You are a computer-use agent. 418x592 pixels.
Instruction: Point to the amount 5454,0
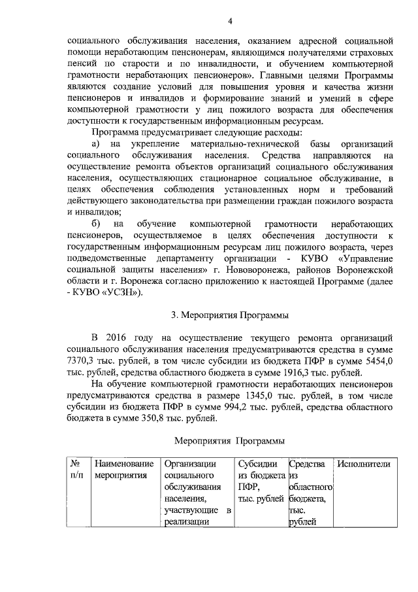coord(379,360)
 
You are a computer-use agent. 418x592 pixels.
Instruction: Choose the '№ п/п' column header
coord(76,470)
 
